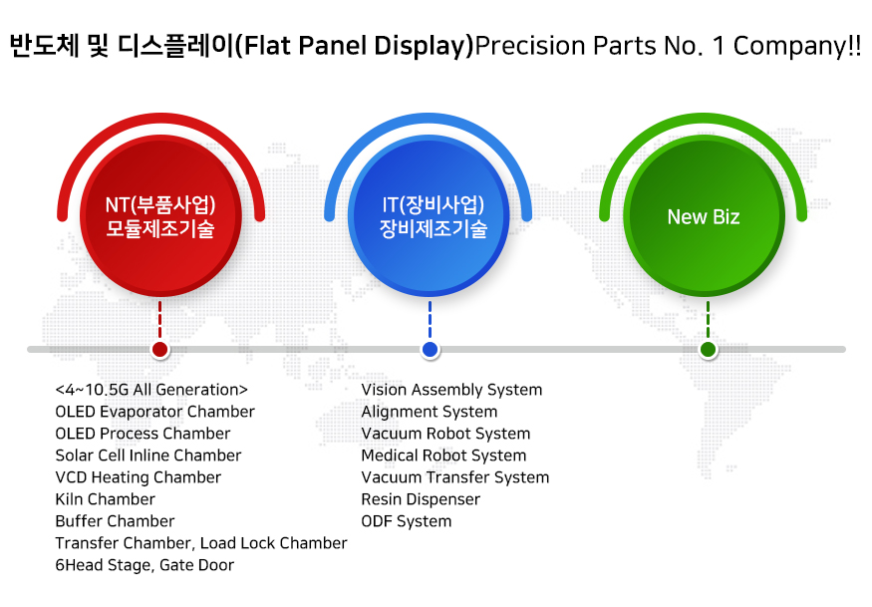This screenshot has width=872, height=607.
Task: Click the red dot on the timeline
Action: pos(160,350)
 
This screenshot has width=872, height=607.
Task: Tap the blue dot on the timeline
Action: pos(430,350)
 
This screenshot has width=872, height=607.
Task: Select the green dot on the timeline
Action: pos(708,350)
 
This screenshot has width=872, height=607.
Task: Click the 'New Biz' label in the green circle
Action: pos(704,217)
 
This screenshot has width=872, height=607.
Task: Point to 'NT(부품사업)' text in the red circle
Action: pos(160,204)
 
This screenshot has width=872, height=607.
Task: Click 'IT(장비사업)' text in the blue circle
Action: pos(434,204)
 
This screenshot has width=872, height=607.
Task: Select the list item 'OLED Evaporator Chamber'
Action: pos(154,412)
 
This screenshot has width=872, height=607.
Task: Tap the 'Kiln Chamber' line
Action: pos(105,499)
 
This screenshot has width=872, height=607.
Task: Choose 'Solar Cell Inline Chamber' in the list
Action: pos(147,455)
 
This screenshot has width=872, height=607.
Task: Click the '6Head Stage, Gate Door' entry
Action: pos(145,565)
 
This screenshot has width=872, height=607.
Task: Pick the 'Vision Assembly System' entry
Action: pos(451,390)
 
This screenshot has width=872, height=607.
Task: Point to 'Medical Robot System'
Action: pos(443,455)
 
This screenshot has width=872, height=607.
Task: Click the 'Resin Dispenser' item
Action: pos(421,499)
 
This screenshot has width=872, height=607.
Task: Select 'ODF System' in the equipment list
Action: pos(407,521)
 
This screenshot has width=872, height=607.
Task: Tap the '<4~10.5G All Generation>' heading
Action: pos(151,390)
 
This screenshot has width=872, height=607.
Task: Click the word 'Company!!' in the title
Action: pos(797,46)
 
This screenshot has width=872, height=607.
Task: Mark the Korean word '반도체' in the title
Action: pos(45,45)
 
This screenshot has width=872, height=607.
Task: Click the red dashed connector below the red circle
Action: pos(160,320)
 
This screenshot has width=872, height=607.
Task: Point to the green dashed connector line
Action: pos(708,320)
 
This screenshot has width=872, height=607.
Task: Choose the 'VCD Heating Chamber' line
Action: pos(138,477)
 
